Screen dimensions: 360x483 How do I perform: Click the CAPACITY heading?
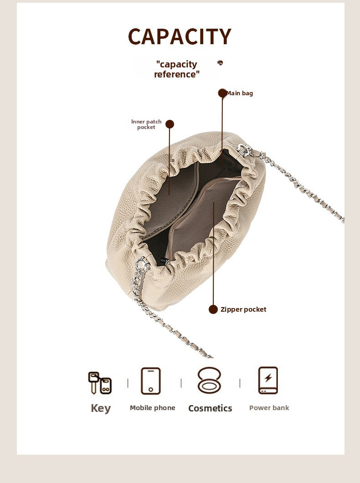[180, 36]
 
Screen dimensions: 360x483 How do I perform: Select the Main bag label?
[240, 93]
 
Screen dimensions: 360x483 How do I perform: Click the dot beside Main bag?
[222, 93]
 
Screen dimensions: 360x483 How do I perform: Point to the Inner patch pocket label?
[146, 124]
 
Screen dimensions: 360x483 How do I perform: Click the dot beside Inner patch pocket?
[170, 124]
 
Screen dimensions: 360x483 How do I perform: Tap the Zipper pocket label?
[243, 309]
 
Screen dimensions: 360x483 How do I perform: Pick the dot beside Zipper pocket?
[213, 309]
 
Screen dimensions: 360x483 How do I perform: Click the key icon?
[100, 383]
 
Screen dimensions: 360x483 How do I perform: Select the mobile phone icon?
[151, 381]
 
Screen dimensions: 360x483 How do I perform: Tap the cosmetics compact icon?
[210, 380]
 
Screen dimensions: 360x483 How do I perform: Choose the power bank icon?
[268, 380]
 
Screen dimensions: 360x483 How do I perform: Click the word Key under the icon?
[101, 408]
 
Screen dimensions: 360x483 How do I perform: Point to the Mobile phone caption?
[153, 408]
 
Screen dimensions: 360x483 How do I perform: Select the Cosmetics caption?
[210, 408]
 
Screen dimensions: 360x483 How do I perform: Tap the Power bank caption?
[269, 408]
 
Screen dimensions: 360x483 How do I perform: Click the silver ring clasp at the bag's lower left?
[141, 266]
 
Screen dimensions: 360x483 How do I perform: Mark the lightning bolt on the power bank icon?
[268, 378]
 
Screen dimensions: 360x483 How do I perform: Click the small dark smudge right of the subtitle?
[220, 63]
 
